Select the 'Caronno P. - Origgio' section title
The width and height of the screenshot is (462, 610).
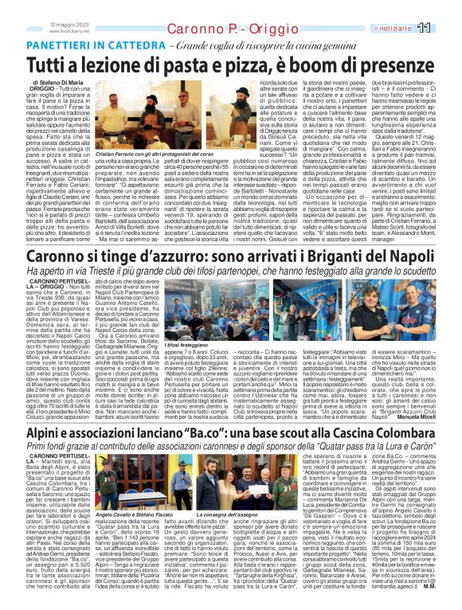(218, 30)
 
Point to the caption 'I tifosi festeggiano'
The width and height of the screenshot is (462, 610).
(168, 389)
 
